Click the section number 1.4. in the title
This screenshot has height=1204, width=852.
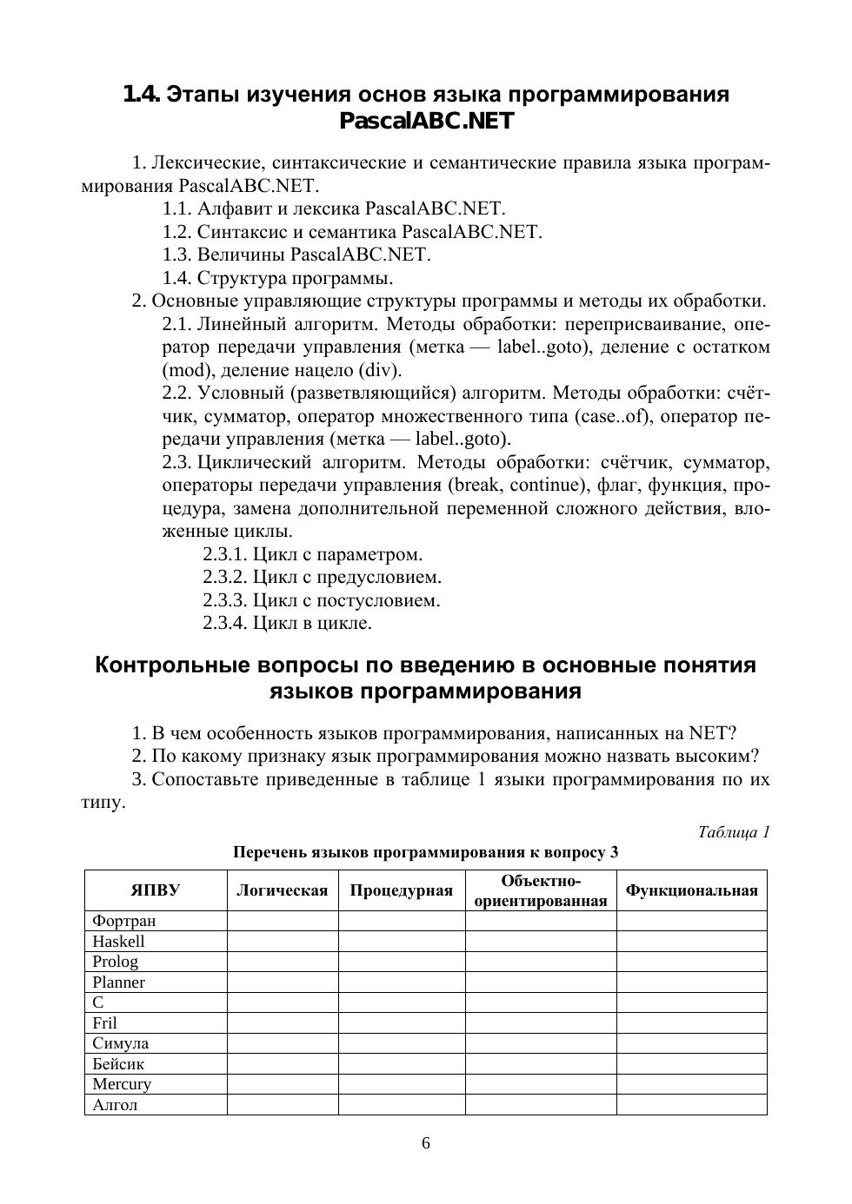coord(141,94)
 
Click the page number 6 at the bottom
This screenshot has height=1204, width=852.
coord(426,1143)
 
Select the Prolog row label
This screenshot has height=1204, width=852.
coord(116,962)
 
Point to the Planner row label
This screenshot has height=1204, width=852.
coord(119,982)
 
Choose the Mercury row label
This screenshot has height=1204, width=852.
coord(122,1084)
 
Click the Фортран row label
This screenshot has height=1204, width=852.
coord(124,921)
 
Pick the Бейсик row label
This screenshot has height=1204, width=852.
coord(119,1064)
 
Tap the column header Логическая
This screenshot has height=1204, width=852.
coord(283,890)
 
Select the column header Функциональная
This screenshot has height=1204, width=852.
coord(692,890)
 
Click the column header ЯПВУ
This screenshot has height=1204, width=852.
coord(156,890)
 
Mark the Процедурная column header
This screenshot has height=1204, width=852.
coord(402,890)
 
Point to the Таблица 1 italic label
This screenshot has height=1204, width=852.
coord(734,832)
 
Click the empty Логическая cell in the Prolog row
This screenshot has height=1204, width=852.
coord(283,962)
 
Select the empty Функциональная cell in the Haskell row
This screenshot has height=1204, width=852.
coord(692,942)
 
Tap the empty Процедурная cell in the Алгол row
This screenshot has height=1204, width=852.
coord(402,1105)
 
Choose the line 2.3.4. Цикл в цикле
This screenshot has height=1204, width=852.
coord(287,623)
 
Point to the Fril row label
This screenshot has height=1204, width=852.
coord(105,1023)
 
